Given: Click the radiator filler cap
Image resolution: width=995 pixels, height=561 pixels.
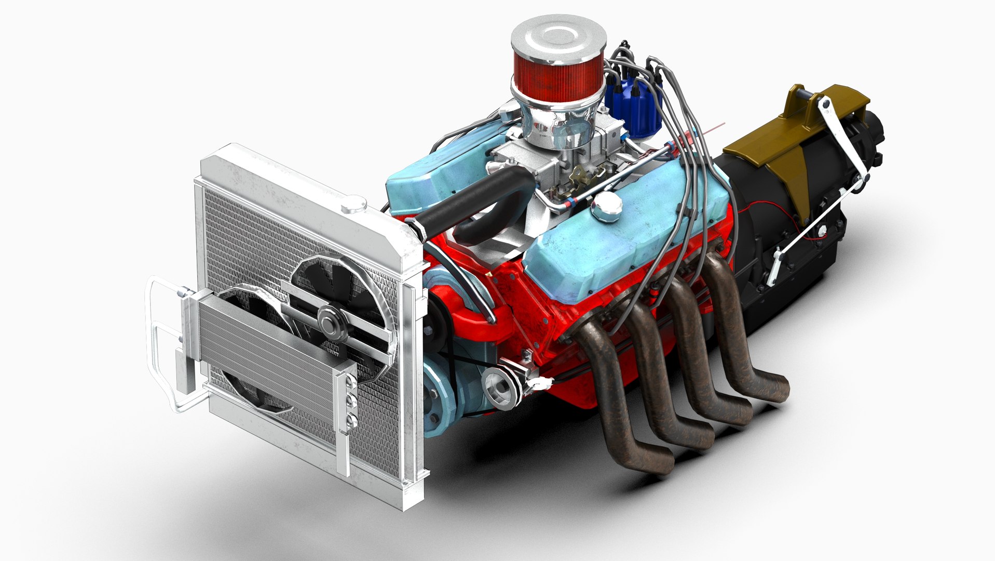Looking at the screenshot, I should pyautogui.click(x=354, y=204).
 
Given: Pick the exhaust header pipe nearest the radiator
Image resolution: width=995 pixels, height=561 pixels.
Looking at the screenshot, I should pyautogui.click(x=607, y=384).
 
